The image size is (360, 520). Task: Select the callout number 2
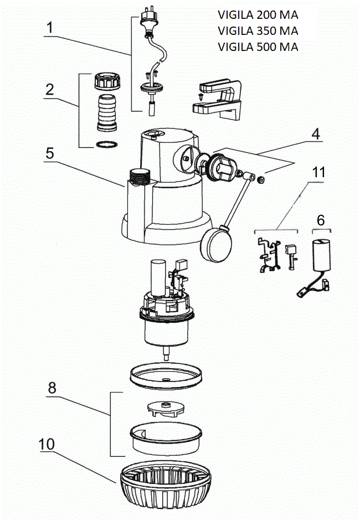[50, 90]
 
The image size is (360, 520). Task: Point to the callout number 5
[50, 153]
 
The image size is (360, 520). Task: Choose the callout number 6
[321, 219]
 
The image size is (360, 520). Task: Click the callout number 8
[52, 388]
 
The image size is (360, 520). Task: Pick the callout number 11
[317, 172]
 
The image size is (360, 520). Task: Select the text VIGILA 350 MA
[258, 31]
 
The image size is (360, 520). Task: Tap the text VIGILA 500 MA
[258, 47]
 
